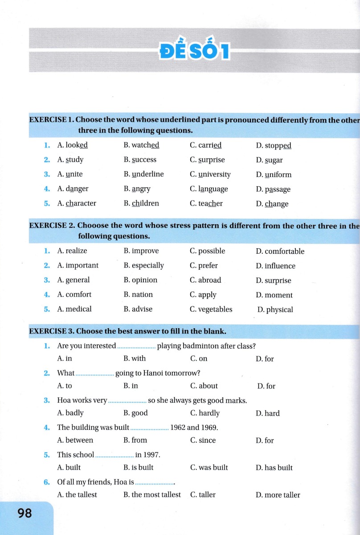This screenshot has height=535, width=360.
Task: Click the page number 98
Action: (25, 514)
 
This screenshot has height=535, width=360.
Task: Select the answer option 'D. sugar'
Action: (269, 160)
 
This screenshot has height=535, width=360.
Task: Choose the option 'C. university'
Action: (210, 174)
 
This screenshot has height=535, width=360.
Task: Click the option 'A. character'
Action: (77, 204)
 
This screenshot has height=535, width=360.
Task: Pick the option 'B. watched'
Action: (141, 145)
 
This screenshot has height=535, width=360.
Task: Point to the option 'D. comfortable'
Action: (280, 251)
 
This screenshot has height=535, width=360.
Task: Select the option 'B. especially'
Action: (143, 266)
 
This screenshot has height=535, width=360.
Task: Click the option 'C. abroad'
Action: (205, 280)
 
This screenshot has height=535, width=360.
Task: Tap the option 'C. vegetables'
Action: (211, 309)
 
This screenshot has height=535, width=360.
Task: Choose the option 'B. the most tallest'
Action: (152, 495)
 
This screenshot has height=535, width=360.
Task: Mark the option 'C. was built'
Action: (209, 468)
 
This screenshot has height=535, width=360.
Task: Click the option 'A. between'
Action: (75, 440)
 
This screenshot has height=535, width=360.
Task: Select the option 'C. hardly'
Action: (205, 413)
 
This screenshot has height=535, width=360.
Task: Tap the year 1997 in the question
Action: (151, 455)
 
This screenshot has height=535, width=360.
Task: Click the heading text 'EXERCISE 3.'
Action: (52, 331)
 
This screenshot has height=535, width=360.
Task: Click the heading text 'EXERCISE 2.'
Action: (52, 226)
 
